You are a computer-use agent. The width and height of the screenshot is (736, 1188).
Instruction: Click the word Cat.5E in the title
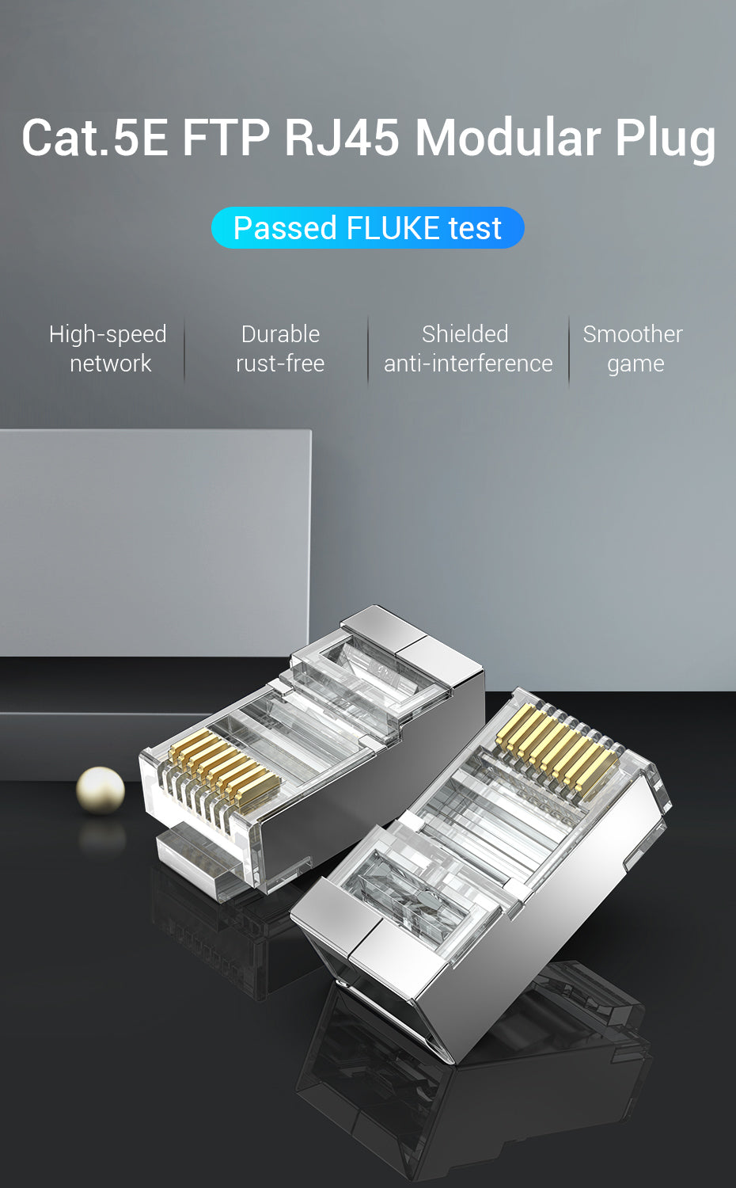click(x=95, y=137)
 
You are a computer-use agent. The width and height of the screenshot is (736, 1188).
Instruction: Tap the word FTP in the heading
click(x=226, y=137)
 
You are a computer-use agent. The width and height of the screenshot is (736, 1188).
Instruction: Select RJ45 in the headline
click(x=343, y=137)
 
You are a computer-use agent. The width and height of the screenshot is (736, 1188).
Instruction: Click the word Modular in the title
click(x=507, y=137)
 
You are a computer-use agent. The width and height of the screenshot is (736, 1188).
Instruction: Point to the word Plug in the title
click(x=665, y=140)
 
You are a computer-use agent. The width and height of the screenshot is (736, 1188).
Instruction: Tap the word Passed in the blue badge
click(x=285, y=228)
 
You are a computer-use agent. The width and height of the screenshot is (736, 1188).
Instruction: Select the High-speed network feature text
click(x=108, y=349)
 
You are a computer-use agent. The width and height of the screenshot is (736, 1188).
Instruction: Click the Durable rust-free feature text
click(x=280, y=349)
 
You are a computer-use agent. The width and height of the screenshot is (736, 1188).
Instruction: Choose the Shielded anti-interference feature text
click(x=469, y=349)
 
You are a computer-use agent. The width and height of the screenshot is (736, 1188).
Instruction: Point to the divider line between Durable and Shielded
click(x=368, y=350)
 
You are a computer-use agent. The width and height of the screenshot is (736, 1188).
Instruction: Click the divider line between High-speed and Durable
click(x=184, y=350)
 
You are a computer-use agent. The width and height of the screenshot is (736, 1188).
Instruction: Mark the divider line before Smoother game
click(x=568, y=350)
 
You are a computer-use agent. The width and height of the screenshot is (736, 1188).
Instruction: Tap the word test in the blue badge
click(x=475, y=229)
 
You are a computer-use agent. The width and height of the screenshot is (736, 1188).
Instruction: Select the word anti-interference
click(x=469, y=364)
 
